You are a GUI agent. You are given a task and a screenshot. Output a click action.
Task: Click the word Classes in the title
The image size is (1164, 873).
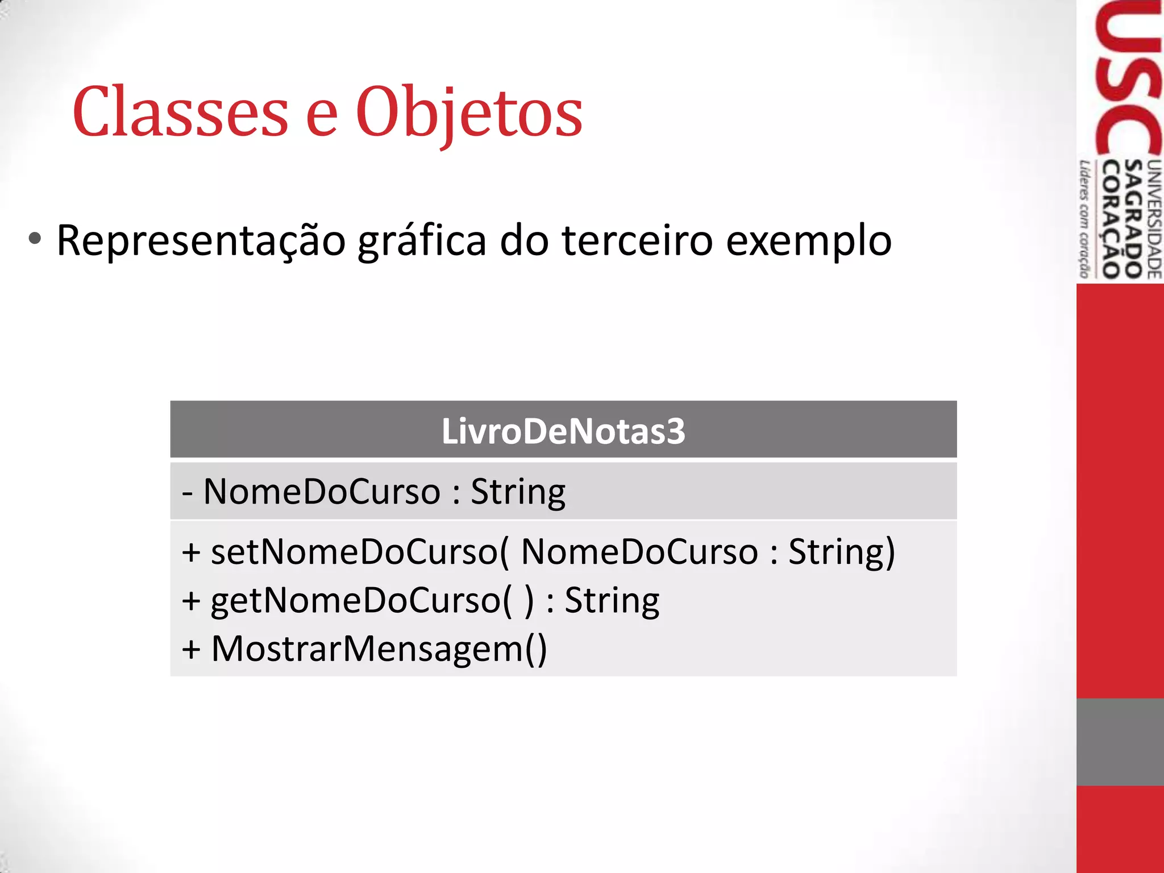[x=181, y=112]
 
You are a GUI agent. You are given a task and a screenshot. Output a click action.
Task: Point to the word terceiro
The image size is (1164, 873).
[x=637, y=240]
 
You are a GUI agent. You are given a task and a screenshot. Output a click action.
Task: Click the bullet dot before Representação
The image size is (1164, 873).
[x=35, y=239]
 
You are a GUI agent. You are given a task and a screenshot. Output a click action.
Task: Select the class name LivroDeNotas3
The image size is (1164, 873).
[x=563, y=431]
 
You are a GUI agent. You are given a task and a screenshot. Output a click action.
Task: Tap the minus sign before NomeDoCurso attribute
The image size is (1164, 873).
[x=188, y=492]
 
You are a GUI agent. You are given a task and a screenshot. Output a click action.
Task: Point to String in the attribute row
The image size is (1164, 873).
[x=518, y=492]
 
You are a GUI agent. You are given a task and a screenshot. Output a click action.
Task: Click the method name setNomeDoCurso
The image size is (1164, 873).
[x=356, y=552]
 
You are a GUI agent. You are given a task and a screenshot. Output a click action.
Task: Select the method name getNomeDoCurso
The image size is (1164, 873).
[x=356, y=601]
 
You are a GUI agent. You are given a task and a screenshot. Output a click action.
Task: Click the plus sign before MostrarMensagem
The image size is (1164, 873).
[x=192, y=650]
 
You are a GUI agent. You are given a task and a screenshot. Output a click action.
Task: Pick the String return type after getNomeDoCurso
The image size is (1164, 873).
[x=612, y=601]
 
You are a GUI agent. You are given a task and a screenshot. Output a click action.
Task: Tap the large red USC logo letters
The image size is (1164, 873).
[x=1128, y=80]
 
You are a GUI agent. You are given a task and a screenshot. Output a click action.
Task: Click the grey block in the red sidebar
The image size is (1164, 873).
[x=1120, y=742]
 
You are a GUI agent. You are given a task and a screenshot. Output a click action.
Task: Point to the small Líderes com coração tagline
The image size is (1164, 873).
[x=1085, y=219]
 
